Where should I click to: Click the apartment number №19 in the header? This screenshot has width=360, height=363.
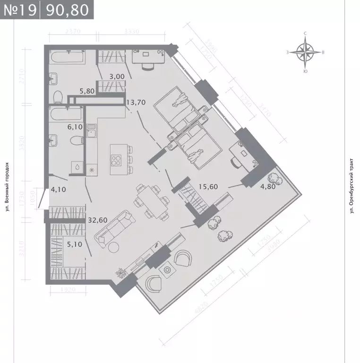tap(20, 9)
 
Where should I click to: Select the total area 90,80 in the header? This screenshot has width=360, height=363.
tap(66, 9)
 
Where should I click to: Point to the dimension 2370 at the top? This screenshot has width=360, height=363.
tap(73, 32)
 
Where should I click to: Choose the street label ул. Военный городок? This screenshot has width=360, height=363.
tap(7, 187)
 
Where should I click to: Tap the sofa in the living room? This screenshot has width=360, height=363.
tap(114, 228)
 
